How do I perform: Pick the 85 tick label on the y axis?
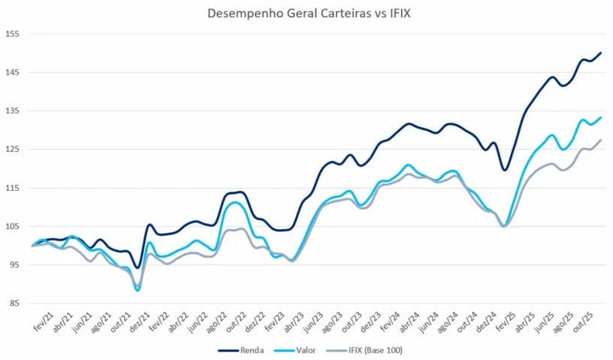[12, 304]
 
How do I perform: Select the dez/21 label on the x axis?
[146, 319]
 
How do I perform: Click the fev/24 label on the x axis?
[391, 319]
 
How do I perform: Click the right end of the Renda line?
[601, 53]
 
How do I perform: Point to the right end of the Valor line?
[601, 117]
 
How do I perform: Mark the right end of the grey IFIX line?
[601, 141]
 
